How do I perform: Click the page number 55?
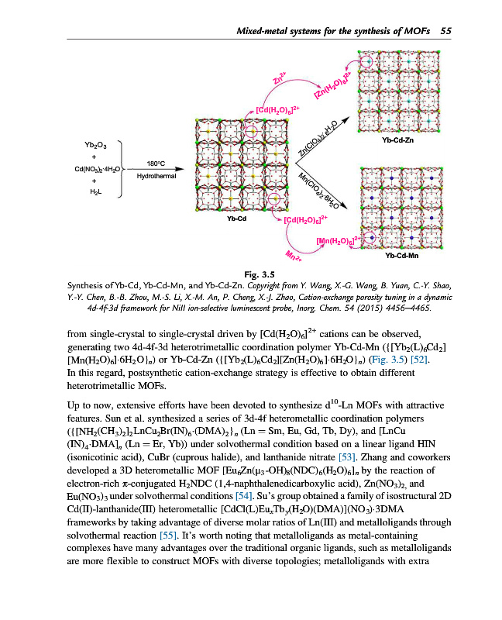pos(445,30)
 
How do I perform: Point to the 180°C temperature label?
pos(156,164)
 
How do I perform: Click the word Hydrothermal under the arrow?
pos(156,177)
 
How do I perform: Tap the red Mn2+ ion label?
pos(294,257)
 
